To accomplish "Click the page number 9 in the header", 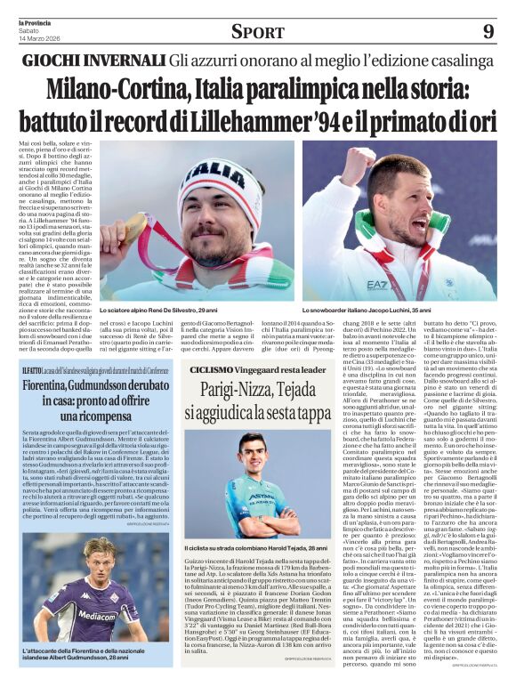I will (x=488, y=32).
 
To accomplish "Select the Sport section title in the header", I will (x=257, y=33).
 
